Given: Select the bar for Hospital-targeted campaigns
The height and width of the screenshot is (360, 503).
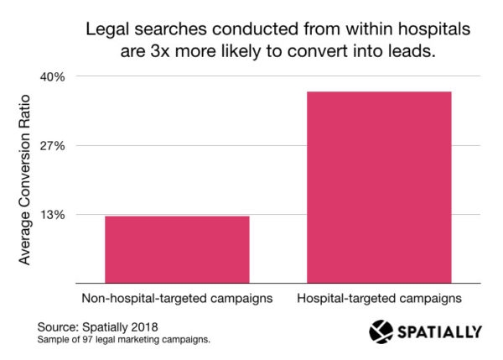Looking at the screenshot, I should tap(380, 186).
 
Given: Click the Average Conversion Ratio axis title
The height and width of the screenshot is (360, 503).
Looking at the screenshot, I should tap(24, 180).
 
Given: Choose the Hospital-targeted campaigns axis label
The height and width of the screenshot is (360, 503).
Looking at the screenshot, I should tap(380, 298).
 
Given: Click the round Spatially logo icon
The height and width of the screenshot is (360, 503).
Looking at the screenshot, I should tap(381, 331).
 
